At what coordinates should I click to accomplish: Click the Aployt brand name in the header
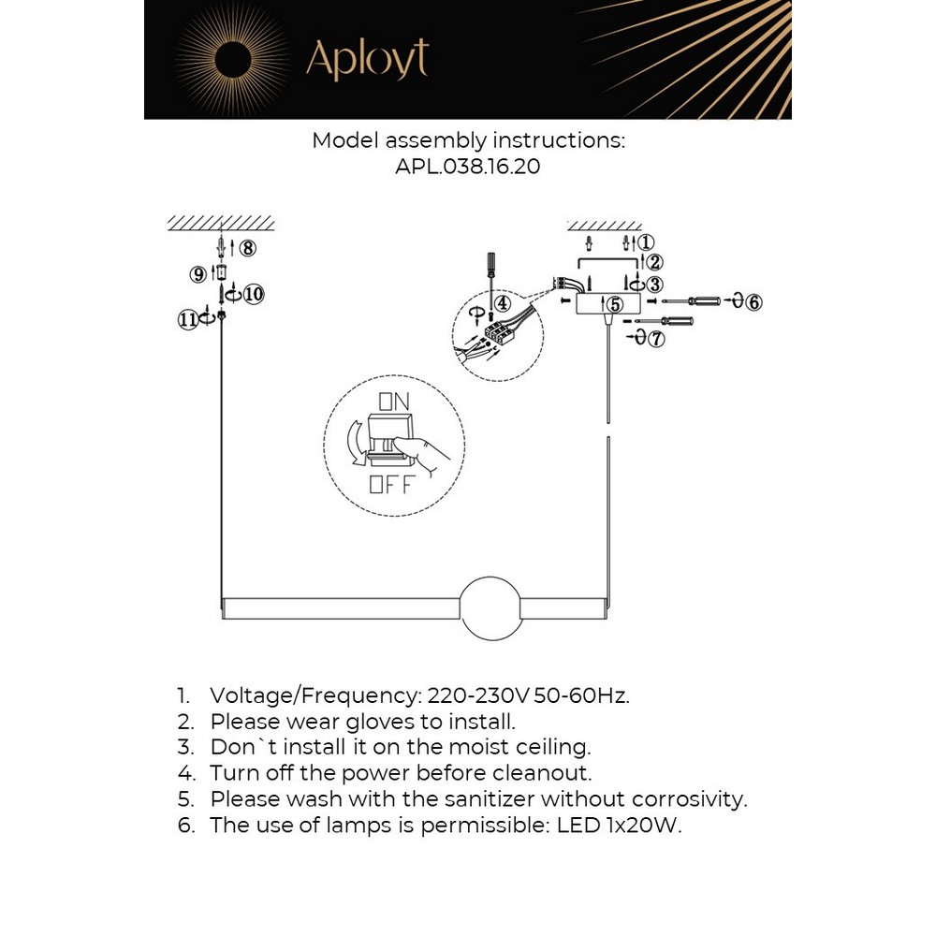367,60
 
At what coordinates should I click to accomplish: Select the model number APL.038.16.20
468,168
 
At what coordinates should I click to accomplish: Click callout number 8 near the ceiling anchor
246,248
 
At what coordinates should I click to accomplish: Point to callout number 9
197,274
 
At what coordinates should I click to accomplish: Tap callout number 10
255,294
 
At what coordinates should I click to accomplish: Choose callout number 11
187,319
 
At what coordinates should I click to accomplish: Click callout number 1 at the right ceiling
645,243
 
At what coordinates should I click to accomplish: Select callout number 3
654,284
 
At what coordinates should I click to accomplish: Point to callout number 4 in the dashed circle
503,303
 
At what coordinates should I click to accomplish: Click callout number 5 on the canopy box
614,304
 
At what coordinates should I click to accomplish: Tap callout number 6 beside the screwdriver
754,301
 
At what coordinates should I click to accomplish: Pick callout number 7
656,339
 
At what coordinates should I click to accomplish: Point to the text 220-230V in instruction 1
477,695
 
